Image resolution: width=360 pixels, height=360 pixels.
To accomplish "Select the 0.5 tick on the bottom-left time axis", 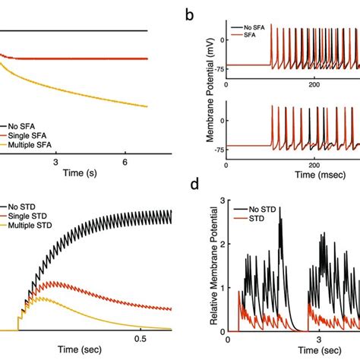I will click(x=140, y=337).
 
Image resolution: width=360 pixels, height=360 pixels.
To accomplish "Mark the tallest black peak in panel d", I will click(x=281, y=219).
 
